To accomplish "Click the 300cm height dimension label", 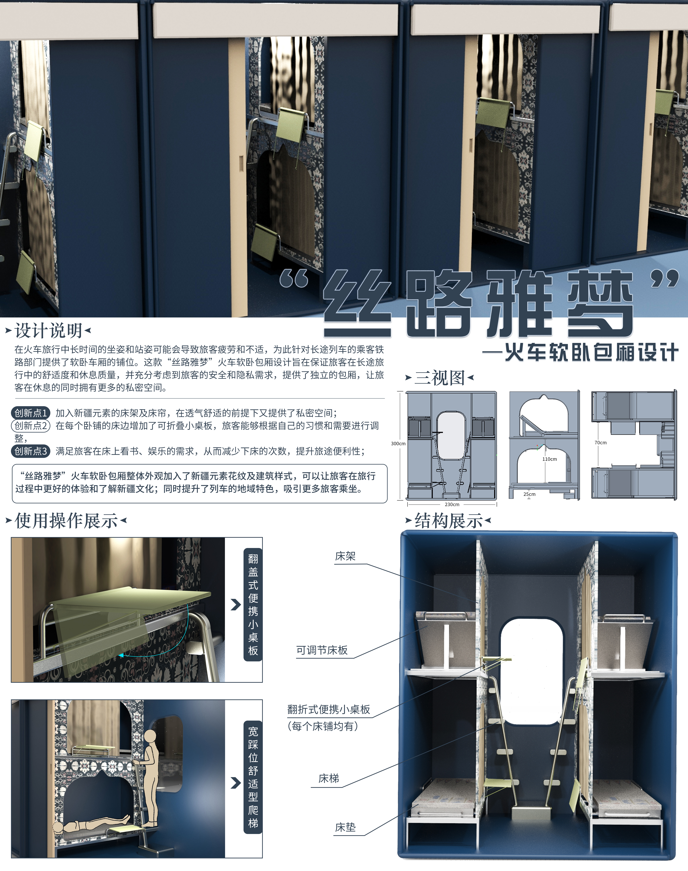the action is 398,443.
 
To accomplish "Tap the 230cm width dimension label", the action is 452,504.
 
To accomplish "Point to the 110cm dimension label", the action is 549,459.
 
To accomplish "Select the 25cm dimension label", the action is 529,494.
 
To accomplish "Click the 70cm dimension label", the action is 601,443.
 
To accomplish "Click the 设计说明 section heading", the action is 48,331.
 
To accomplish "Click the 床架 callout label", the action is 345,556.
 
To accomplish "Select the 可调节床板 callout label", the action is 322,650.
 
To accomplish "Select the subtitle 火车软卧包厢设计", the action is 591,353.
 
